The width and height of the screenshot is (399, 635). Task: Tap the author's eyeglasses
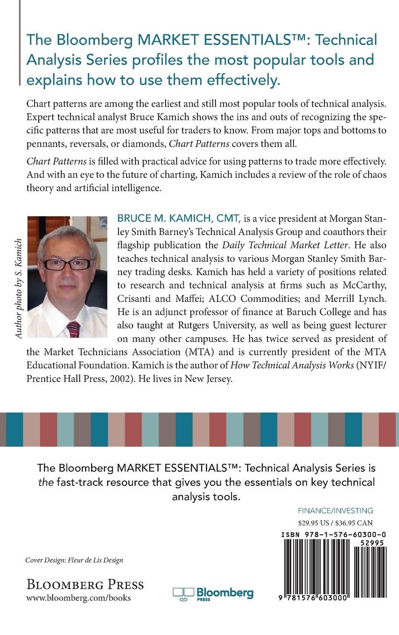click(x=68, y=264)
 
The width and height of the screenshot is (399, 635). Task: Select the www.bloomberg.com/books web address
click(x=78, y=598)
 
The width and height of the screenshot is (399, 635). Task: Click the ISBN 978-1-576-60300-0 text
click(x=334, y=534)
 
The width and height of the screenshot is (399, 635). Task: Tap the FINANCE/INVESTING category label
click(x=336, y=510)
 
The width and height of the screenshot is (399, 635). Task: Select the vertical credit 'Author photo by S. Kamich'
click(x=19, y=288)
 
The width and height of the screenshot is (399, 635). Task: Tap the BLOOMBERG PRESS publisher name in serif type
click(x=84, y=584)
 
